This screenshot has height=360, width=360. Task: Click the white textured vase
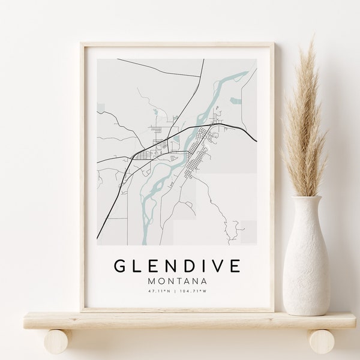click(x=305, y=264)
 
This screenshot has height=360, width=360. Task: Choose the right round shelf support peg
click(x=322, y=341)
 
